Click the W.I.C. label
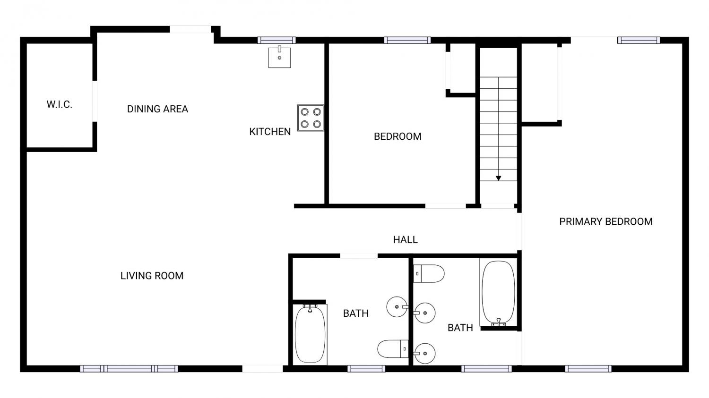60,104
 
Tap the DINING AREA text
157,109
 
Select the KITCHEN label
270,132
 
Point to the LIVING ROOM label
152,276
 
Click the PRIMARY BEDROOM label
606,221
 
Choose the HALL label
406,240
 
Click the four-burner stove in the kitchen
311,118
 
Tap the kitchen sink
279,57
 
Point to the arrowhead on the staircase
499,178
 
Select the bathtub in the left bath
310,334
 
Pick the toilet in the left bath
393,349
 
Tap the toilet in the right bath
429,273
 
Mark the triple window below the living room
129,369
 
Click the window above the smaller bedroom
407,40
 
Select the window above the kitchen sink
277,40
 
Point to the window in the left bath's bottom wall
366,369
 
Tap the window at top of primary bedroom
639,40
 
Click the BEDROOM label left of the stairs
398,136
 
